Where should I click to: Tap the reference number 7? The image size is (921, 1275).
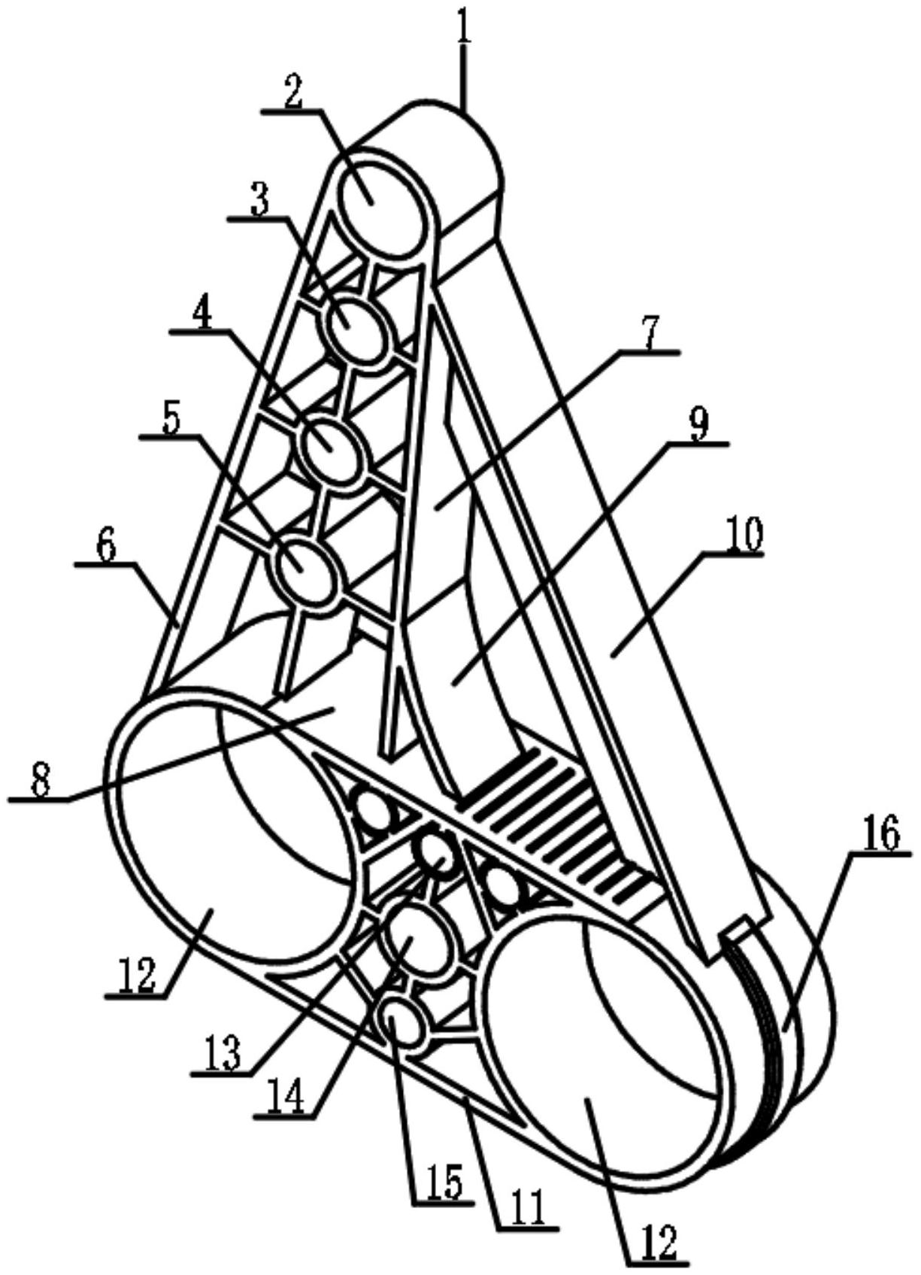[649, 332]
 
